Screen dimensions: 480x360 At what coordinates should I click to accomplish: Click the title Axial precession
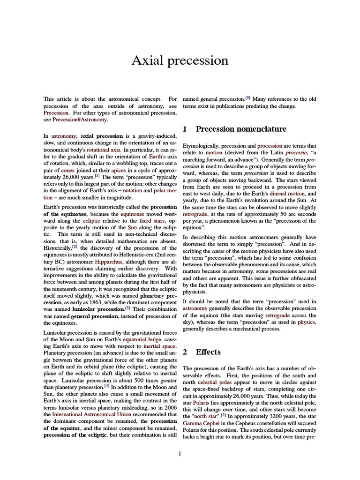(180, 60)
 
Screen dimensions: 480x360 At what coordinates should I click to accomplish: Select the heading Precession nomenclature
(241, 129)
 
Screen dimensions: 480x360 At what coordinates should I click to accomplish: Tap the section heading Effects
(208, 352)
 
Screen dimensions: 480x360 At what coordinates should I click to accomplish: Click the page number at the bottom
(180, 453)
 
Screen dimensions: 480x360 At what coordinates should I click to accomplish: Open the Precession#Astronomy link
(80, 120)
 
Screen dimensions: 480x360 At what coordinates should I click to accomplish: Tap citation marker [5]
(247, 98)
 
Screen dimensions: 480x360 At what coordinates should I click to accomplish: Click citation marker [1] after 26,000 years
(97, 176)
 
